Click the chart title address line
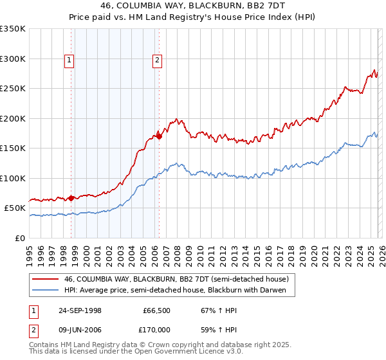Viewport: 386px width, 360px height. (192, 6)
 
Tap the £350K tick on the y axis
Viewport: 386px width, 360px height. (13, 29)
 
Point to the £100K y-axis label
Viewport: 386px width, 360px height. (13, 178)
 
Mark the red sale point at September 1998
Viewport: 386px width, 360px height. (71, 198)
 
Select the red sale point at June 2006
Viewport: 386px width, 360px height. (159, 136)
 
